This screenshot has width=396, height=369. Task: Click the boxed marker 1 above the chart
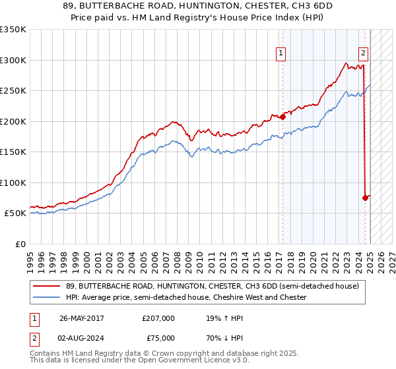(x=280, y=54)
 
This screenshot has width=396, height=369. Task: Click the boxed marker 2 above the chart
(x=363, y=54)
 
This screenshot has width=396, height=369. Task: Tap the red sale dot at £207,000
(x=282, y=117)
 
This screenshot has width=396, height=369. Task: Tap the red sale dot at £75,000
(x=365, y=198)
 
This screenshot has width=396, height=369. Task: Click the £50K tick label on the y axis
(x=15, y=213)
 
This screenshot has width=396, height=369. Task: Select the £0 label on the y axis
(x=20, y=244)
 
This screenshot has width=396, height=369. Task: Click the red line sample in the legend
(x=47, y=286)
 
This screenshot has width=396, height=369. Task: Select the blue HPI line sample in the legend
(x=47, y=297)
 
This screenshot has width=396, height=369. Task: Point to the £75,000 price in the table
(x=158, y=338)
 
